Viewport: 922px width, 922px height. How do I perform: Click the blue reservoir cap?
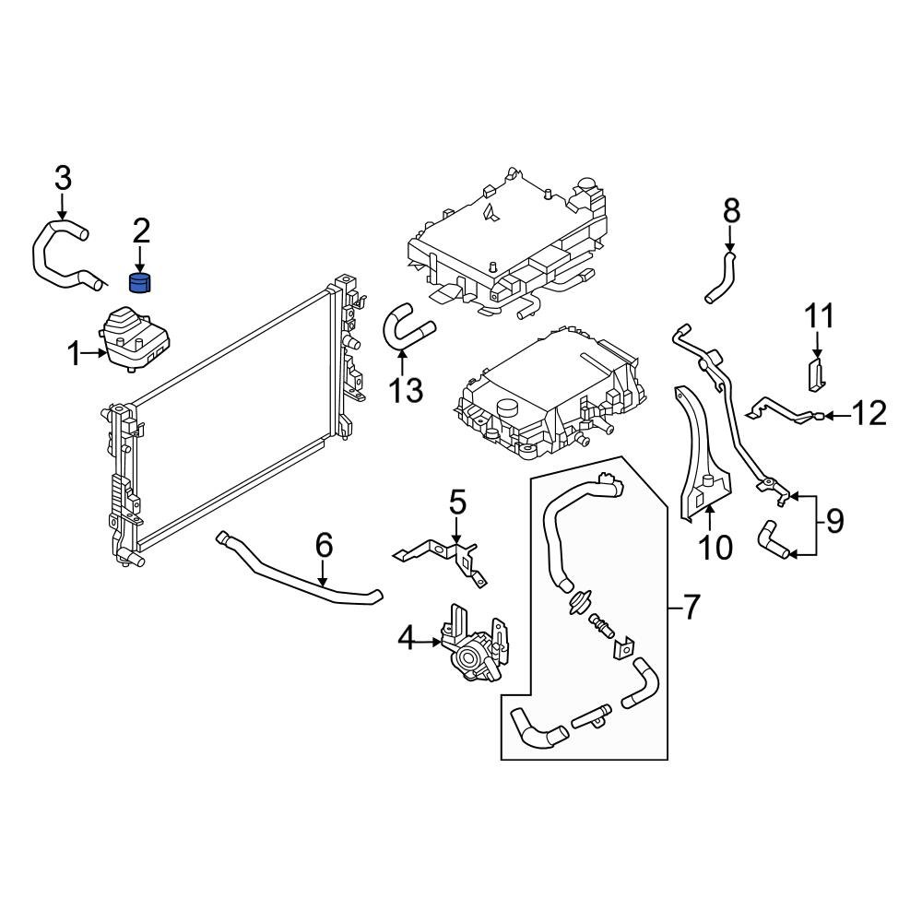[140, 281]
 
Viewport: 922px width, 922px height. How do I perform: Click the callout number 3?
[62, 176]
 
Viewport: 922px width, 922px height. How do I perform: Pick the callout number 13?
[404, 391]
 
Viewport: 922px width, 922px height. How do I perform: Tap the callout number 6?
[324, 546]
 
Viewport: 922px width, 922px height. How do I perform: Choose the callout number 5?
[458, 503]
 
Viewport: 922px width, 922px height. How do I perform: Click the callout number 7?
[691, 607]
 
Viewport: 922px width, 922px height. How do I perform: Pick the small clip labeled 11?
[816, 376]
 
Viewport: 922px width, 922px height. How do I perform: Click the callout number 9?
[833, 523]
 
